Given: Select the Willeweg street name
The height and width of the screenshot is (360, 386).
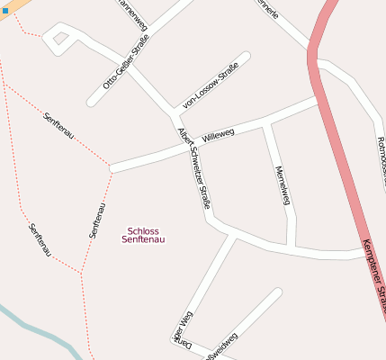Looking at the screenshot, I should tap(219, 136).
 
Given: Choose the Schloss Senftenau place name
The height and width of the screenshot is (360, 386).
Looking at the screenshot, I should tap(143, 235).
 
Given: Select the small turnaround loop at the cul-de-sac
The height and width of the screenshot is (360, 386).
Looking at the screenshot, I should tap(59, 39).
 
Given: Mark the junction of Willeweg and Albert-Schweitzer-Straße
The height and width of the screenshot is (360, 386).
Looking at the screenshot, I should tap(180, 144).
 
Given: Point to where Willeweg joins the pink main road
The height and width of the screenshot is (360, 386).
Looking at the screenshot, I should tap(318, 103).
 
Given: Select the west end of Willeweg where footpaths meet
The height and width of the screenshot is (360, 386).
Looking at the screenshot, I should tap(111, 167).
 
